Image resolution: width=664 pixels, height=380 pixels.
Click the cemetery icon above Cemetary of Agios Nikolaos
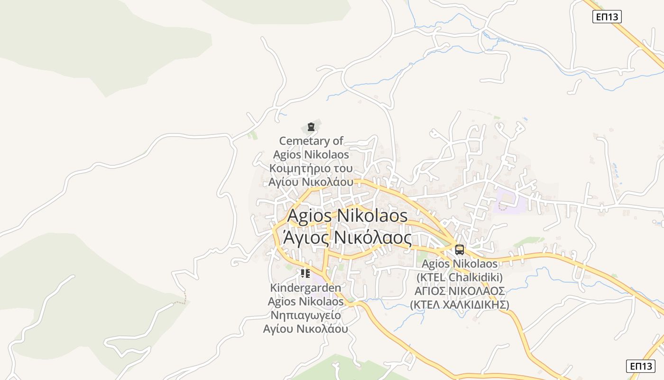pyautogui.click(x=311, y=127)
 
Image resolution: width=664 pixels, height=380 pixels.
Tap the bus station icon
pyautogui.click(x=459, y=249)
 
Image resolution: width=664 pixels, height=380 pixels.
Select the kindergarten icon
pyautogui.click(x=305, y=274)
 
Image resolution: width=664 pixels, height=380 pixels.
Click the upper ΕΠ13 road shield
pyautogui.click(x=607, y=17)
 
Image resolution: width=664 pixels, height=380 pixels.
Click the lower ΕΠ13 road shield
pyautogui.click(x=640, y=366)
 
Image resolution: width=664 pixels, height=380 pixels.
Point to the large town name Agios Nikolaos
pyautogui.click(x=347, y=216)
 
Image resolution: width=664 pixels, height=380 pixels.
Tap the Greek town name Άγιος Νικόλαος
pyautogui.click(x=347, y=237)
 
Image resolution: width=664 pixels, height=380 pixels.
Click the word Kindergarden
pyautogui.click(x=305, y=288)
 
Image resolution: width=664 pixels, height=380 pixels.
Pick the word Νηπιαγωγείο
pyautogui.click(x=305, y=315)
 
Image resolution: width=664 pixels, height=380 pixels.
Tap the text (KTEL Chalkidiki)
pyautogui.click(x=459, y=277)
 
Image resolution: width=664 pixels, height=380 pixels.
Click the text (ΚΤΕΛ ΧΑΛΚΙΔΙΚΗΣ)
pyautogui.click(x=459, y=304)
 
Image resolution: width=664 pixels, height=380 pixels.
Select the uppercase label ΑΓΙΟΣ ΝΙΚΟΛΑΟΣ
pyautogui.click(x=459, y=291)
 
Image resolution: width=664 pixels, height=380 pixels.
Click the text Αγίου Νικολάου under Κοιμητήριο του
pyautogui.click(x=311, y=182)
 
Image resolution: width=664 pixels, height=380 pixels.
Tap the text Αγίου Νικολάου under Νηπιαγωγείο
pyautogui.click(x=305, y=329)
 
